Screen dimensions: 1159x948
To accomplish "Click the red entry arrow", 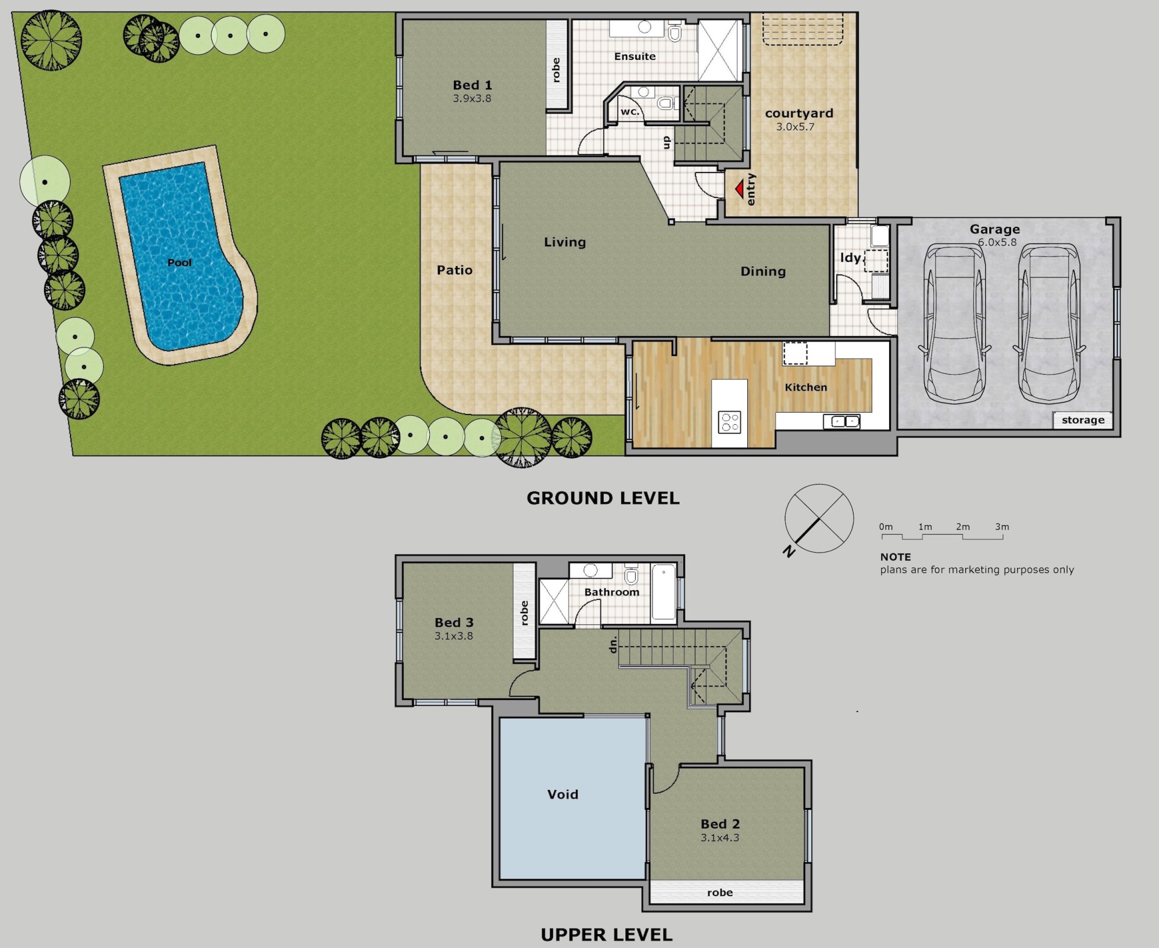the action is pyautogui.click(x=739, y=190).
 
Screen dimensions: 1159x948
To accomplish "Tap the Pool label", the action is pyautogui.click(x=179, y=262).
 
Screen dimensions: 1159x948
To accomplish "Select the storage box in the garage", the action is pyautogui.click(x=1083, y=420).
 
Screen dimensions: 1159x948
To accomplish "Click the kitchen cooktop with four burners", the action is pyautogui.click(x=729, y=422).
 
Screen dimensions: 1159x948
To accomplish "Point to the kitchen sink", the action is pyautogui.click(x=841, y=421).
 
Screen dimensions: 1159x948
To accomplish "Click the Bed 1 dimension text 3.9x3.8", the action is pyautogui.click(x=472, y=98).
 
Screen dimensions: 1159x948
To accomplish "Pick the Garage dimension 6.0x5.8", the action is pyautogui.click(x=997, y=242).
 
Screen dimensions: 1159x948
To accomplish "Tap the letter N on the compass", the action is pyautogui.click(x=788, y=550).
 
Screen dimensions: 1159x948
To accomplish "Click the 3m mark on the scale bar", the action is pyautogui.click(x=1002, y=527).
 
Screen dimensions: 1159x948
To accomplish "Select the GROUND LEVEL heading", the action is pyautogui.click(x=603, y=498).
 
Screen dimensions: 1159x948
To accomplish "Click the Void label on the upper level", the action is pyautogui.click(x=563, y=794).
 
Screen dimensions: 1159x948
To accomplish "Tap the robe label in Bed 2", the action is pyautogui.click(x=720, y=892).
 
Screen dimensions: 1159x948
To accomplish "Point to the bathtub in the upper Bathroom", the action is pyautogui.click(x=664, y=593).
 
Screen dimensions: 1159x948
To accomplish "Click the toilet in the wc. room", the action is pyautogui.click(x=665, y=103).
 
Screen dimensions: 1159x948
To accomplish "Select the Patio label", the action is pyautogui.click(x=455, y=270).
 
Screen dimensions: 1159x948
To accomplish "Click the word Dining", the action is pyautogui.click(x=763, y=272).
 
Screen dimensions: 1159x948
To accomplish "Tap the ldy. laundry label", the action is pyautogui.click(x=851, y=258).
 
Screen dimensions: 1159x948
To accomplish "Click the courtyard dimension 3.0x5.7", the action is pyautogui.click(x=795, y=127).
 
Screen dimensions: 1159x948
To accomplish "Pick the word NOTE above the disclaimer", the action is pyautogui.click(x=895, y=557).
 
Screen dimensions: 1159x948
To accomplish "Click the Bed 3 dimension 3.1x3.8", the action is pyautogui.click(x=453, y=635).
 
